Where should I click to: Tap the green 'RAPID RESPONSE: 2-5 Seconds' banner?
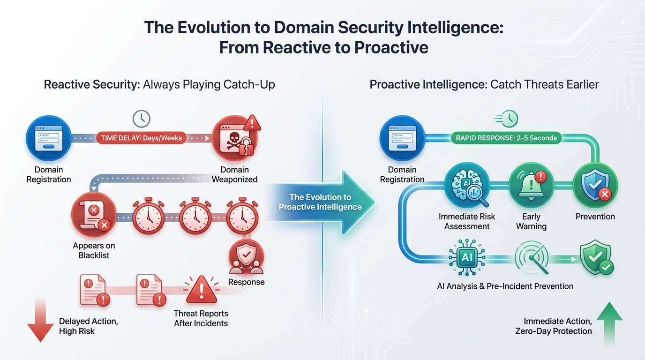point(506,138)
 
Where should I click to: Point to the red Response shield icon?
point(246,256)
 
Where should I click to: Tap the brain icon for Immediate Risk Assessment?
point(467,190)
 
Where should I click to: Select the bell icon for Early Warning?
point(531,189)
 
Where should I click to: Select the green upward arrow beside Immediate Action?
point(608,323)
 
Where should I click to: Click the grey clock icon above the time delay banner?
point(141,119)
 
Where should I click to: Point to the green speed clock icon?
point(508,119)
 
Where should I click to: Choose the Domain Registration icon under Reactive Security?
point(48,138)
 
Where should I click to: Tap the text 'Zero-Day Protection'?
point(553,331)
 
